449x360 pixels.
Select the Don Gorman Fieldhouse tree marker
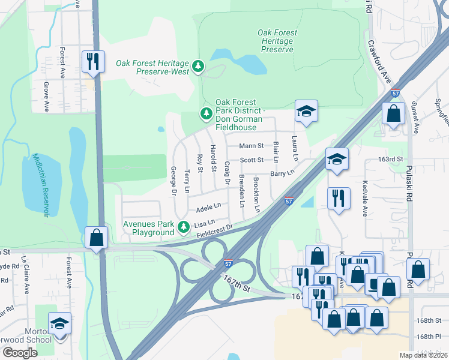[206, 113]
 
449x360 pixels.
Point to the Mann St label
[252, 146]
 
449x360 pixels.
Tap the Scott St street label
[252, 160]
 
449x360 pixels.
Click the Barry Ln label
[282, 173]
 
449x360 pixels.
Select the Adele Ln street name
[208, 208]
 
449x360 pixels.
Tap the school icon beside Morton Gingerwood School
[59, 324]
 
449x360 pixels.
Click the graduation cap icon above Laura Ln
[306, 111]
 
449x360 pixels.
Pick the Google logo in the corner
[20, 352]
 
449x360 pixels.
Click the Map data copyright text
[423, 355]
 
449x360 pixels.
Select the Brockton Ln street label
[257, 194]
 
